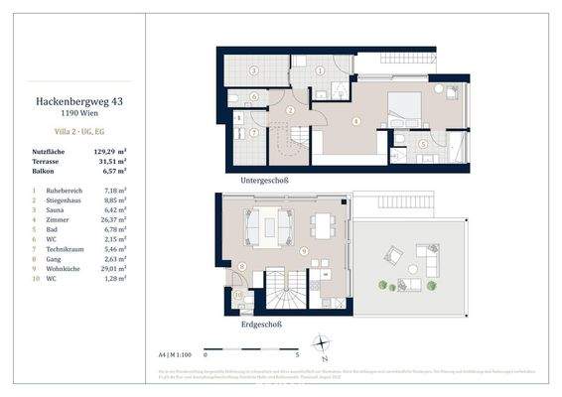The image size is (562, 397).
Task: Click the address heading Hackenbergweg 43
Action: [68, 101]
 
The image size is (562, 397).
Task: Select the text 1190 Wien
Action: [68, 115]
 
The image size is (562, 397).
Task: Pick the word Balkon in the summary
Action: [43, 172]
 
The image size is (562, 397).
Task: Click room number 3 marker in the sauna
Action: [254, 70]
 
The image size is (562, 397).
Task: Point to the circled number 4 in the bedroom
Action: [356, 124]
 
